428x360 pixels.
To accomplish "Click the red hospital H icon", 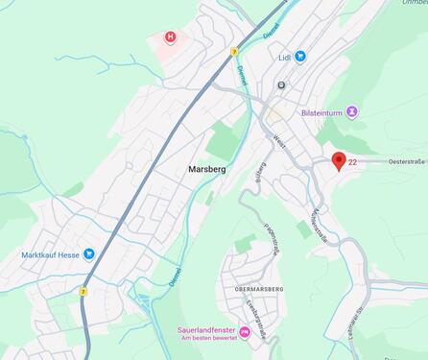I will point(171,37).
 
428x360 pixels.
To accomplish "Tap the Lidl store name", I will point(284,57).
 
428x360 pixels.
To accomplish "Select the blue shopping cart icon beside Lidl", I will point(300,57).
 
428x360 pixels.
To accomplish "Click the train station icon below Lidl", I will point(281,84).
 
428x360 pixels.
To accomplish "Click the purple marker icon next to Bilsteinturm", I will point(352,112).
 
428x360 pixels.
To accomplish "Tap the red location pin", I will point(338,160).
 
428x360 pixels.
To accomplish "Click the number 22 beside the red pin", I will point(353,162).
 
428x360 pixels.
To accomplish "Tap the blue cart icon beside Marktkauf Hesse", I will point(89,254).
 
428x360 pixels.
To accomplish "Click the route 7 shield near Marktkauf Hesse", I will point(83,291).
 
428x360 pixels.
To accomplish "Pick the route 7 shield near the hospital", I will point(234,52).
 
